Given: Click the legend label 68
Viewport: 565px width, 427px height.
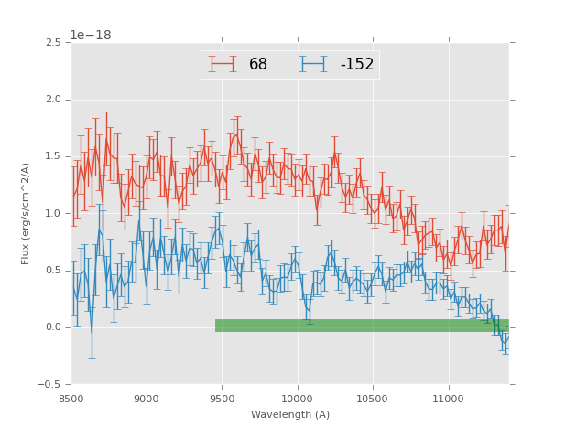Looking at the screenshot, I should click(258, 65).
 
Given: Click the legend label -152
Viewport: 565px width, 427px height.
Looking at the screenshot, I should click(357, 65).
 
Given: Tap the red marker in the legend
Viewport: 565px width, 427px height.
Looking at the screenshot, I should click(223, 65).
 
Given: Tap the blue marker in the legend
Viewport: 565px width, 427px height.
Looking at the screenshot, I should click(313, 65).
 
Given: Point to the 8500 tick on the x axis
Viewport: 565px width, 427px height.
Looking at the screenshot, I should click(71, 399).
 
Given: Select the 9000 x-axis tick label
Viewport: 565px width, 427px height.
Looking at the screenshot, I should click(147, 399).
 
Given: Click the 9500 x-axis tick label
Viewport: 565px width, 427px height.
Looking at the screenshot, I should click(222, 399).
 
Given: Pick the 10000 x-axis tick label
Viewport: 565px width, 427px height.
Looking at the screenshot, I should click(298, 399).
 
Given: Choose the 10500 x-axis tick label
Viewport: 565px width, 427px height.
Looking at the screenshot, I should click(373, 399).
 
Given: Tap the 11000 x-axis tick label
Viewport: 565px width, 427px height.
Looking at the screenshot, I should click(449, 399).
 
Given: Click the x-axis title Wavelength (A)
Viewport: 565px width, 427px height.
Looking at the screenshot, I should click(290, 415).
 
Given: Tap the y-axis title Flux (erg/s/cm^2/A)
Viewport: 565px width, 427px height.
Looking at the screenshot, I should click(27, 213).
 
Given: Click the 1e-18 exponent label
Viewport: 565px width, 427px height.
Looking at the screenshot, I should click(91, 36).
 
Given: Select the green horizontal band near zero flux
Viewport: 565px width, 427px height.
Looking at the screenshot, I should click(362, 326).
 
